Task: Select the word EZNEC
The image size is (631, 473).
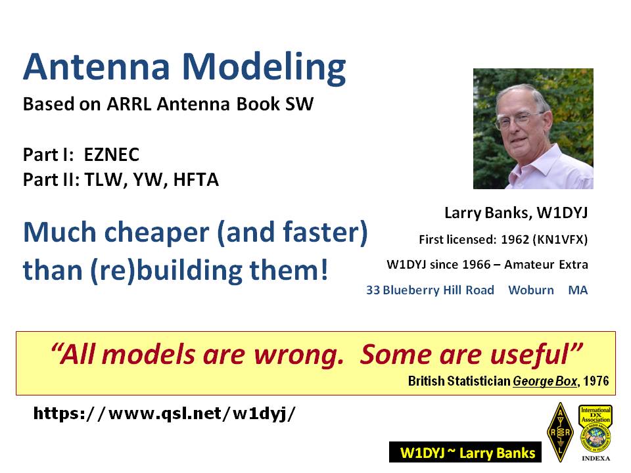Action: (x=112, y=154)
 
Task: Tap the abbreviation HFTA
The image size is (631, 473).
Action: (x=196, y=179)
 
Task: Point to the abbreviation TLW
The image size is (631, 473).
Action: (x=103, y=180)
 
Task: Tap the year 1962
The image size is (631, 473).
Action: (x=515, y=240)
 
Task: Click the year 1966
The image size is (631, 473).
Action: (x=477, y=265)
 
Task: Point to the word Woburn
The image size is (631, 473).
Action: (x=531, y=290)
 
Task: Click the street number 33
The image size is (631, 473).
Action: (x=373, y=290)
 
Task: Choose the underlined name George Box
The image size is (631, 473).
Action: (x=545, y=381)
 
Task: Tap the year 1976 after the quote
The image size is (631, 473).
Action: (x=596, y=380)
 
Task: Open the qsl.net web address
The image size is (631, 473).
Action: (x=164, y=413)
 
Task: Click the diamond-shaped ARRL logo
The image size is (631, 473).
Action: (x=560, y=432)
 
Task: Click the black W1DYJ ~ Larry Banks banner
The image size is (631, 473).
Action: (x=465, y=453)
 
